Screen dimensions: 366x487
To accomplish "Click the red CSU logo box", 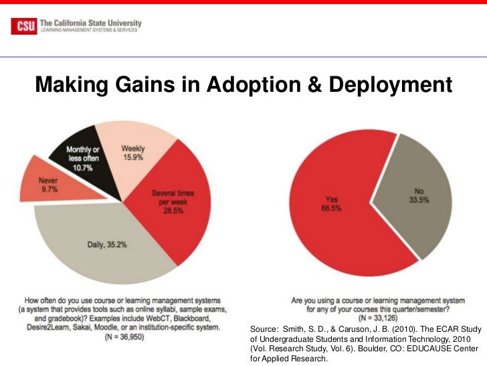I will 25,26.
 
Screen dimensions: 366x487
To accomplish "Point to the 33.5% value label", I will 419,199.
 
